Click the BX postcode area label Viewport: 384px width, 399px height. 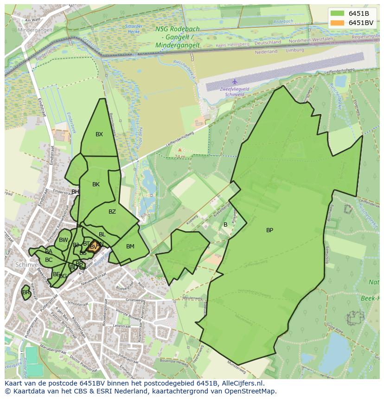click(99, 134)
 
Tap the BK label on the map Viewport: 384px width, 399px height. click(96, 184)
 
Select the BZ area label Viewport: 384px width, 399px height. click(112, 212)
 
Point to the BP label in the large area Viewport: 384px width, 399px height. click(269, 230)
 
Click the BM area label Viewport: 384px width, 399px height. click(130, 247)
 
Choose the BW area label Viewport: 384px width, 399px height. click(64, 240)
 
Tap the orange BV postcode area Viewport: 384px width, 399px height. click(93, 247)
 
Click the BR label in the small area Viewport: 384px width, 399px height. click(26, 292)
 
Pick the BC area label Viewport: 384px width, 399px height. click(49, 260)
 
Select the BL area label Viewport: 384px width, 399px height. click(102, 234)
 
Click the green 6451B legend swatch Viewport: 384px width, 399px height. click(338, 13)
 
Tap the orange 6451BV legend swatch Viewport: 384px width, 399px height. click(338, 23)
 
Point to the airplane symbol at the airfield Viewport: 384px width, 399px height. click(235, 82)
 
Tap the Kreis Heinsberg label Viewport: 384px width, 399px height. click(233, 44)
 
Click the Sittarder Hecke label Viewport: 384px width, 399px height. click(134, 29)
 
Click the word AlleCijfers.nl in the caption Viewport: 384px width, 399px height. click(241, 383)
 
